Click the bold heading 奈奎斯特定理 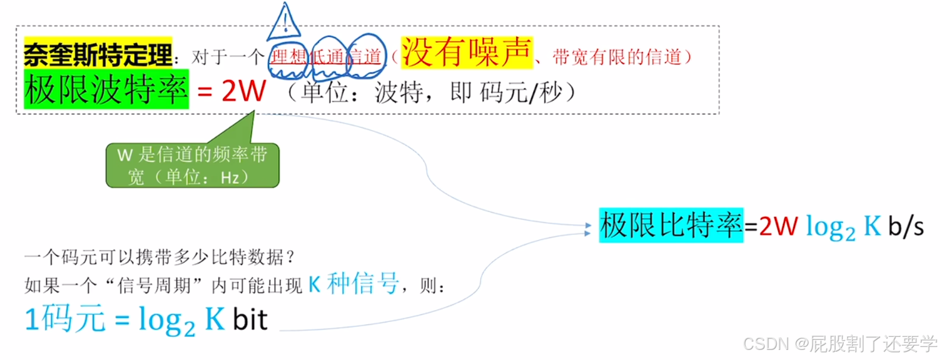click(98, 55)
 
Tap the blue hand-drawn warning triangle click(284, 23)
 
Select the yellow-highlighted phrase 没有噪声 click(466, 52)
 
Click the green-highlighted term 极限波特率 click(106, 90)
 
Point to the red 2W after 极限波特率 click(243, 91)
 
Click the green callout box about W click(192, 165)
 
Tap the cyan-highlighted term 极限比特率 click(670, 225)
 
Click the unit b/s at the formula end click(906, 226)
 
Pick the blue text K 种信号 click(353, 284)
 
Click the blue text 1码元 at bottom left click(65, 319)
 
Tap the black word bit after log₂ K click(250, 320)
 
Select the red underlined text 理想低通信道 click(326, 57)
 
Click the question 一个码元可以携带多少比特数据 click(160, 257)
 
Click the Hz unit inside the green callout click(229, 177)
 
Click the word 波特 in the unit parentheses click(398, 92)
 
